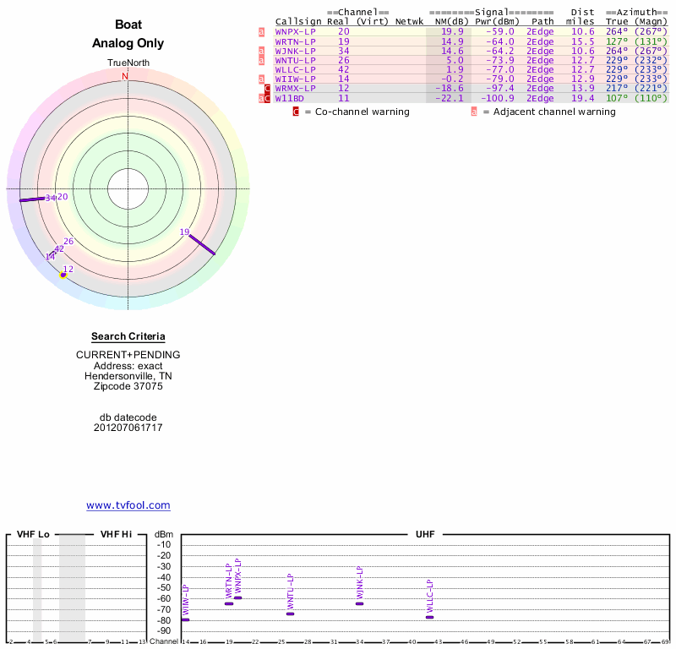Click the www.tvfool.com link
(x=128, y=505)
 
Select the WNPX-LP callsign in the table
(x=295, y=31)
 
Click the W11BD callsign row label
(x=289, y=99)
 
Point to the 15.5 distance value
(x=582, y=41)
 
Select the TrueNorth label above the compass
(x=128, y=63)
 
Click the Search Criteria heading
(x=128, y=336)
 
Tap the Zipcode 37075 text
(x=128, y=386)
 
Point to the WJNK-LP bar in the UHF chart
(x=359, y=603)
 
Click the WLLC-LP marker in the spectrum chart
(x=429, y=617)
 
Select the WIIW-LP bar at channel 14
(x=185, y=619)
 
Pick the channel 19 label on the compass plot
(x=184, y=232)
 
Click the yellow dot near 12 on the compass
(x=63, y=275)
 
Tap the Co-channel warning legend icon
(x=296, y=112)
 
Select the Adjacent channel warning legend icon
(x=474, y=112)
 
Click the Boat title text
(x=128, y=25)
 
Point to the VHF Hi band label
(x=116, y=534)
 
